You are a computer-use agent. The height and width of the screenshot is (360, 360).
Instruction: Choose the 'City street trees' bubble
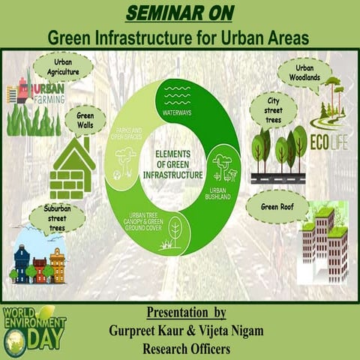point(273,109)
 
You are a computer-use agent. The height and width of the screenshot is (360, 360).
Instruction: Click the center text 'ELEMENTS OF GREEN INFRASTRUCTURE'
point(178,165)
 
